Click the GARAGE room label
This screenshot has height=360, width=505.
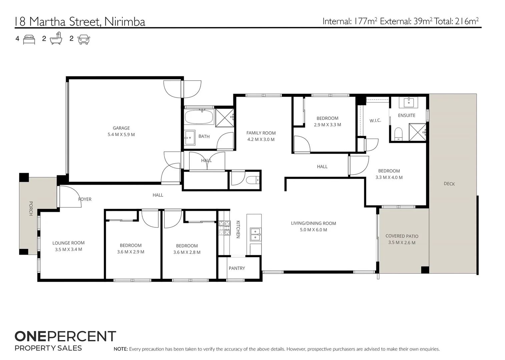point(121,128)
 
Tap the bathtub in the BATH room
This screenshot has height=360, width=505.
point(199,117)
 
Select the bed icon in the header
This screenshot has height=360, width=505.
point(29,39)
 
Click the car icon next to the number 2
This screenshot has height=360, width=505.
point(84,39)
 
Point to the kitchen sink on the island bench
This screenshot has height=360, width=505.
point(256,234)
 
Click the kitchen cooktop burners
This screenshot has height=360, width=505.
point(224,228)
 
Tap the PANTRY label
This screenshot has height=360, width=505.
point(237,268)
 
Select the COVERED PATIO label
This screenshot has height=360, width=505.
point(402,236)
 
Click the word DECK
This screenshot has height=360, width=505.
point(449,184)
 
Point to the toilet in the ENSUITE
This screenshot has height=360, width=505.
point(398,134)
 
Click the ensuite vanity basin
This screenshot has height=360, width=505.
point(409,102)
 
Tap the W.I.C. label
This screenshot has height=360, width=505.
point(375,121)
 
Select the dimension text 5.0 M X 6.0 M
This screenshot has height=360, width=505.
point(313,230)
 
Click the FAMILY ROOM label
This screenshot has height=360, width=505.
point(261,133)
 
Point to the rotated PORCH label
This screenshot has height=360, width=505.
point(31,208)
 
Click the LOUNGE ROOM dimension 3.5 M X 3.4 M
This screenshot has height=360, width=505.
point(68,249)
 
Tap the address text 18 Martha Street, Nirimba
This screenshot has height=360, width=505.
point(80,22)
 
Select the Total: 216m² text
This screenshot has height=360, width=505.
point(456,21)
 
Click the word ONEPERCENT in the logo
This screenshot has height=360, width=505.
point(65,336)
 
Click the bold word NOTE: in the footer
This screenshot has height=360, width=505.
point(120,349)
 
